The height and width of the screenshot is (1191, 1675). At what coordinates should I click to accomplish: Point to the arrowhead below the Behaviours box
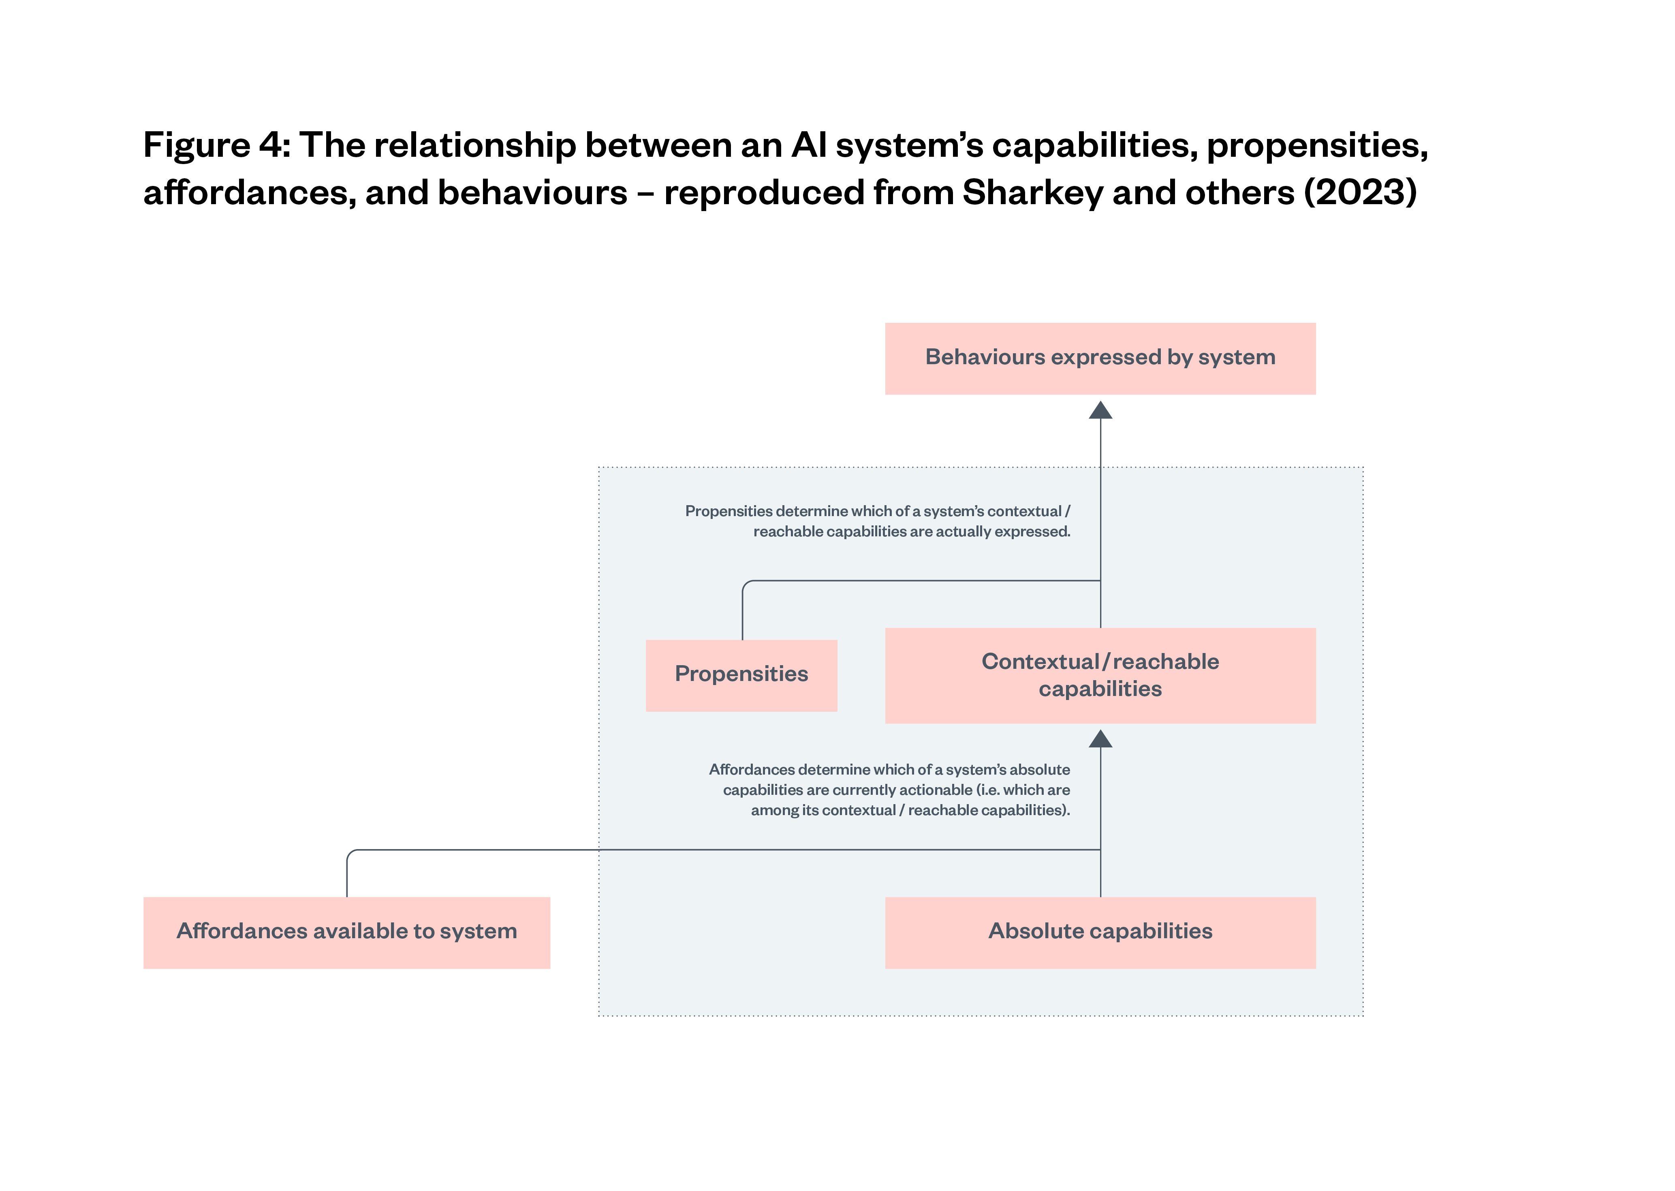click(1100, 411)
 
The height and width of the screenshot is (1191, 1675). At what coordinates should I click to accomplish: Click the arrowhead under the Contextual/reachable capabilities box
click(1100, 739)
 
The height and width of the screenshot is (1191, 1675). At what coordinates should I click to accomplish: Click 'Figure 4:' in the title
click(216, 145)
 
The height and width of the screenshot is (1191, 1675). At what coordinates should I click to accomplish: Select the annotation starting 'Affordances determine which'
click(889, 790)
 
